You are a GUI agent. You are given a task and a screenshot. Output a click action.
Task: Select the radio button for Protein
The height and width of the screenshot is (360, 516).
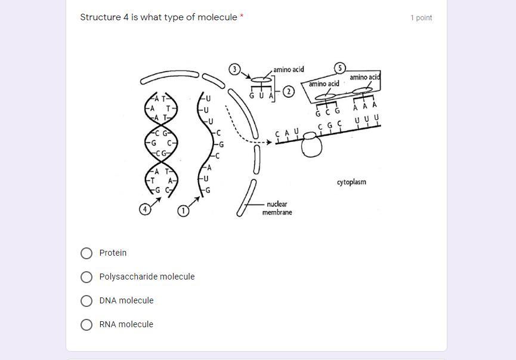click(x=86, y=253)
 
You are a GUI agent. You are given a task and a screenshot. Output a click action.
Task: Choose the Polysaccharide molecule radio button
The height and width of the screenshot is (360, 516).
click(x=86, y=277)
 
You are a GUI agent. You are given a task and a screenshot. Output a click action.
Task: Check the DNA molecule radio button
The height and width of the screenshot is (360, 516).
click(x=86, y=301)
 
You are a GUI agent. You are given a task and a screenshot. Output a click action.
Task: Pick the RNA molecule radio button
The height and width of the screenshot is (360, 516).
click(x=86, y=325)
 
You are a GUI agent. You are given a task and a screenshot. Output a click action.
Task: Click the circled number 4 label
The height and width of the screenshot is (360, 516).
click(x=145, y=209)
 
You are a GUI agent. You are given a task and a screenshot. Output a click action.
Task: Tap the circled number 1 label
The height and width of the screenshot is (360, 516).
click(x=183, y=210)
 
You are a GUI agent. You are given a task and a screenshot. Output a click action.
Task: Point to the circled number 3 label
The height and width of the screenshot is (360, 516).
click(x=234, y=69)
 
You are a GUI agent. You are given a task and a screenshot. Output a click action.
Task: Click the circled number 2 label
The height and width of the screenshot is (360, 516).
click(x=289, y=92)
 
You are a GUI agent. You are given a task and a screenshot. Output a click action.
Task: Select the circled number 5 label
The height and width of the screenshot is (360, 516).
click(x=340, y=68)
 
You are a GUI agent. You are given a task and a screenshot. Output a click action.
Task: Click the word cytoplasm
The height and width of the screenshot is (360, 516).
click(x=351, y=182)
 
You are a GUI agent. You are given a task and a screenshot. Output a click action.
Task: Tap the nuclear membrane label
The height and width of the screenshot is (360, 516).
click(x=277, y=208)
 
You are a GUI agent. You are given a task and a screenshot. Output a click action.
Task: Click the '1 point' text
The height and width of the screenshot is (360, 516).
click(x=421, y=18)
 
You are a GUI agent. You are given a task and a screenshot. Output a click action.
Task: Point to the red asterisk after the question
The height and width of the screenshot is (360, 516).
click(x=242, y=17)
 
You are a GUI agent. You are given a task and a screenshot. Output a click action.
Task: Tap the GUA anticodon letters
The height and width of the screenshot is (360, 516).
click(x=261, y=95)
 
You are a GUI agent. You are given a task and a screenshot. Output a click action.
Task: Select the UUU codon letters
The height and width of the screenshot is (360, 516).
click(x=366, y=120)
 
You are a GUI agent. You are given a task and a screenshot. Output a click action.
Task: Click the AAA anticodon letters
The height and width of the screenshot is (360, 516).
click(x=365, y=106)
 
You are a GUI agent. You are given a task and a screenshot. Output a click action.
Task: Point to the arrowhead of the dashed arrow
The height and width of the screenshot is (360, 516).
click(x=268, y=142)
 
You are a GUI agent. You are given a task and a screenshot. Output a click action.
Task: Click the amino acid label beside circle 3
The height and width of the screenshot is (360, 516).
click(x=289, y=70)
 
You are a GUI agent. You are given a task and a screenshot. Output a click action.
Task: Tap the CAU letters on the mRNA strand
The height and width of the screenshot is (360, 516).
click(x=287, y=133)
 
